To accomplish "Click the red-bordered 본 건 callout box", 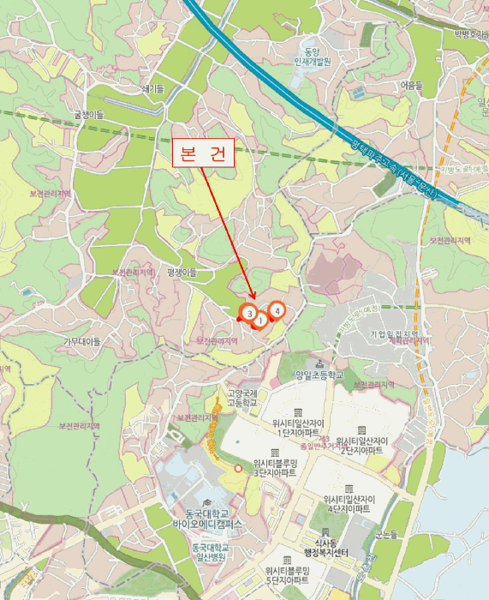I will click(x=204, y=154).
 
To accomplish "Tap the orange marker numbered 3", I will click(x=248, y=314).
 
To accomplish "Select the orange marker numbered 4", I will click(x=277, y=310).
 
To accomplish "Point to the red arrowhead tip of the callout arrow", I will click(x=254, y=301).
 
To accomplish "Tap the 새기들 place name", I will click(x=152, y=88).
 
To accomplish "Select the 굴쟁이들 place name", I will click(x=88, y=114).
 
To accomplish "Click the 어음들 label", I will click(x=411, y=86).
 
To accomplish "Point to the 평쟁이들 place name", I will click(x=182, y=272).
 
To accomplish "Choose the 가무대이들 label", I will click(x=82, y=341).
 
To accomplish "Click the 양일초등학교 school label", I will click(x=318, y=375).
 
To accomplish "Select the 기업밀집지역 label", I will click(x=394, y=333).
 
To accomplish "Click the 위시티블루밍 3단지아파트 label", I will click(x=275, y=467).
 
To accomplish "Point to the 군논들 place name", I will click(x=386, y=535).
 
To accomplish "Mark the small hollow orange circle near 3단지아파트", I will click(x=239, y=469).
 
